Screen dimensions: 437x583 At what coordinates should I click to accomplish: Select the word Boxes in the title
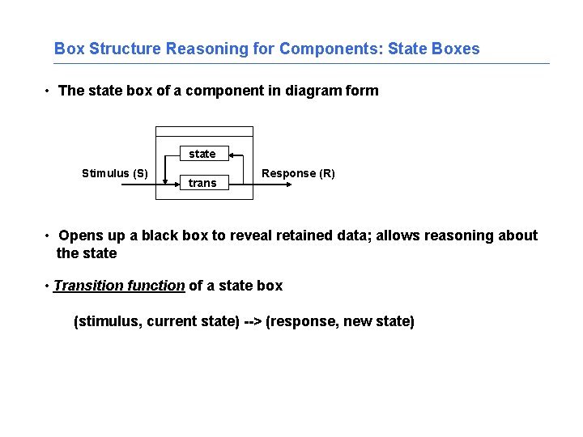456,49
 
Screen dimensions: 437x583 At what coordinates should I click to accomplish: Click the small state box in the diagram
202,154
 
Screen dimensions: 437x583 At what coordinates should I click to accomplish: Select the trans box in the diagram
202,183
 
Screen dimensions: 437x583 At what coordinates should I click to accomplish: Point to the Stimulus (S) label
115,172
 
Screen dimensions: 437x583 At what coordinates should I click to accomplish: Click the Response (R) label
298,173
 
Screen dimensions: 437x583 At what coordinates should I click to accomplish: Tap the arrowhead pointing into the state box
231,154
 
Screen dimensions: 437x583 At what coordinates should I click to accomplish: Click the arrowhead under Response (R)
287,185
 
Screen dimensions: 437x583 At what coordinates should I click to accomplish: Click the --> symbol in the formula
253,321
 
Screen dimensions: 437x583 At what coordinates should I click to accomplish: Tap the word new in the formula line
357,321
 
